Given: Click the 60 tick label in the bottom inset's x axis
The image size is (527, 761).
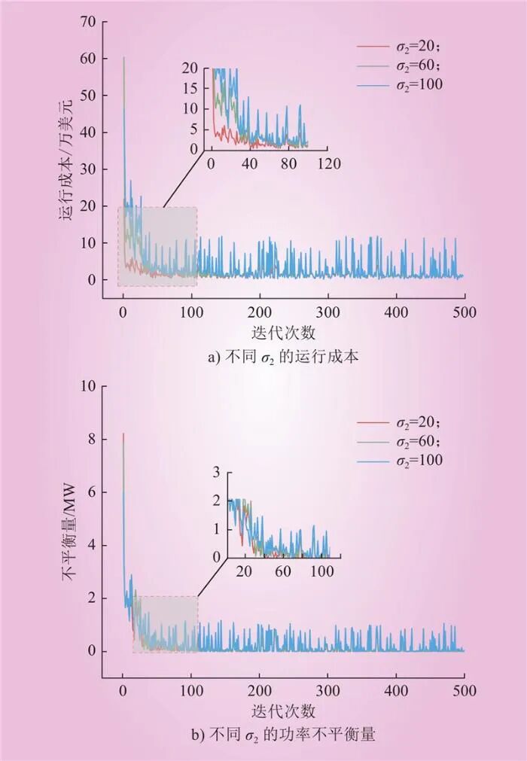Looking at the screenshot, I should [282, 571].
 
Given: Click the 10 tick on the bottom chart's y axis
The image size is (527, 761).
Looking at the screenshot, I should [90, 386].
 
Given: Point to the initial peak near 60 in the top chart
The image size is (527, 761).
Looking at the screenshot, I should [124, 58].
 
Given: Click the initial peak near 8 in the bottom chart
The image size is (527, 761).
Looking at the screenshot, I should [123, 434].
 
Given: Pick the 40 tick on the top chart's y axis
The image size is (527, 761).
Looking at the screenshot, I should [90, 132].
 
